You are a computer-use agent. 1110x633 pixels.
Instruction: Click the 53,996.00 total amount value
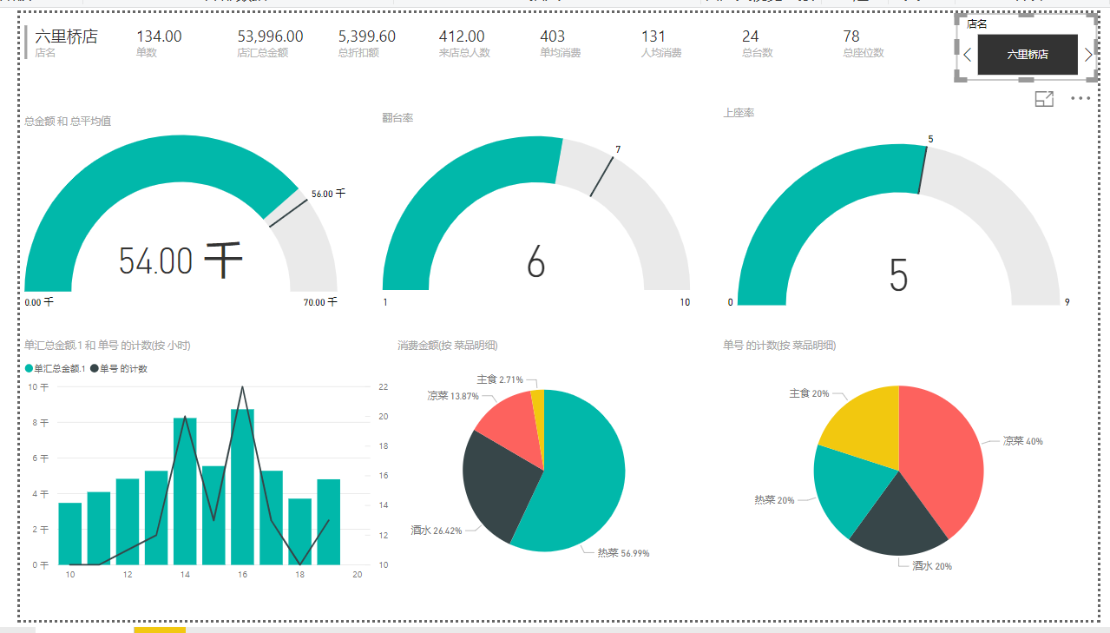270,36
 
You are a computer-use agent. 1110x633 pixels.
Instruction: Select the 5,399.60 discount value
366,36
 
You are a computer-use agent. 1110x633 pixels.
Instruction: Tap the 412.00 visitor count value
462,36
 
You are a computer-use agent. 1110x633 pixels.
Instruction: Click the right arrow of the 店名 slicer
1088,55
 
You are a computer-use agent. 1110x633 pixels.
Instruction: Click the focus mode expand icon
1044,99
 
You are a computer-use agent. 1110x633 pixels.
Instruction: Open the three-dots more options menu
1080,99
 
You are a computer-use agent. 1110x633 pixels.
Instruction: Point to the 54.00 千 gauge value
180,260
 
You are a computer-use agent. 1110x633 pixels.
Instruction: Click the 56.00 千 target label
328,194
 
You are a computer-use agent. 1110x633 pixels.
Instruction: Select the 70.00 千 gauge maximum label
320,302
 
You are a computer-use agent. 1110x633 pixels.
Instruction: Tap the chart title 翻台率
397,117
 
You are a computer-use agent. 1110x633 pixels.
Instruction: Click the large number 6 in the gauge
535,261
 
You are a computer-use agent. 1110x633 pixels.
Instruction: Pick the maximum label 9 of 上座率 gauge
1067,302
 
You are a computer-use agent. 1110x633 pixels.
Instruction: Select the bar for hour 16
242,486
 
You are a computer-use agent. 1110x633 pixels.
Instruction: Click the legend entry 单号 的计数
123,369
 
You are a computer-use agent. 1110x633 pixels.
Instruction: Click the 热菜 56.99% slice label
623,553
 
